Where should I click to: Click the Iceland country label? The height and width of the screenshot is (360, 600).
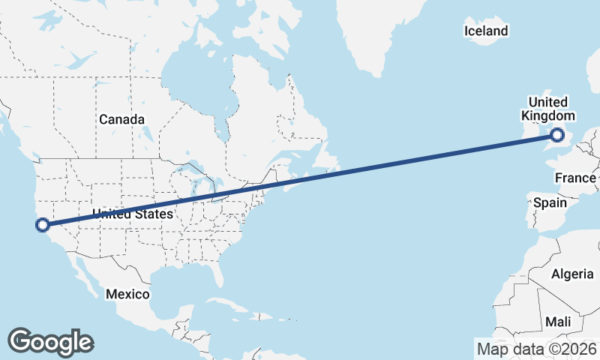point(486,31)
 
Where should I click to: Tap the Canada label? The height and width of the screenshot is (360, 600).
point(121,119)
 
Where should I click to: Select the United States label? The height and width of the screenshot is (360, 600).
point(133,214)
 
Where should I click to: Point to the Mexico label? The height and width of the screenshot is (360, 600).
point(127,294)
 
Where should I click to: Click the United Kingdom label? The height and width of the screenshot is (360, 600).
point(548,109)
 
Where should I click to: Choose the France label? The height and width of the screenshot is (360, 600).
point(575,178)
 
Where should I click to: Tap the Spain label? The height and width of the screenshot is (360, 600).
point(550,202)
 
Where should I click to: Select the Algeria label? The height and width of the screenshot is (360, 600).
point(572,274)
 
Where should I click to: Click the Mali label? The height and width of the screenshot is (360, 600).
point(558,321)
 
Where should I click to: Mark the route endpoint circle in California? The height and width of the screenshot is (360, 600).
point(43,224)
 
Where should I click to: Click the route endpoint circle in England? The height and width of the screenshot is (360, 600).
point(557,135)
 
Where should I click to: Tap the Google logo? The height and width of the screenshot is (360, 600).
point(50,341)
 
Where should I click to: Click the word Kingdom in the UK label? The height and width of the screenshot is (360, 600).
point(548,116)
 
